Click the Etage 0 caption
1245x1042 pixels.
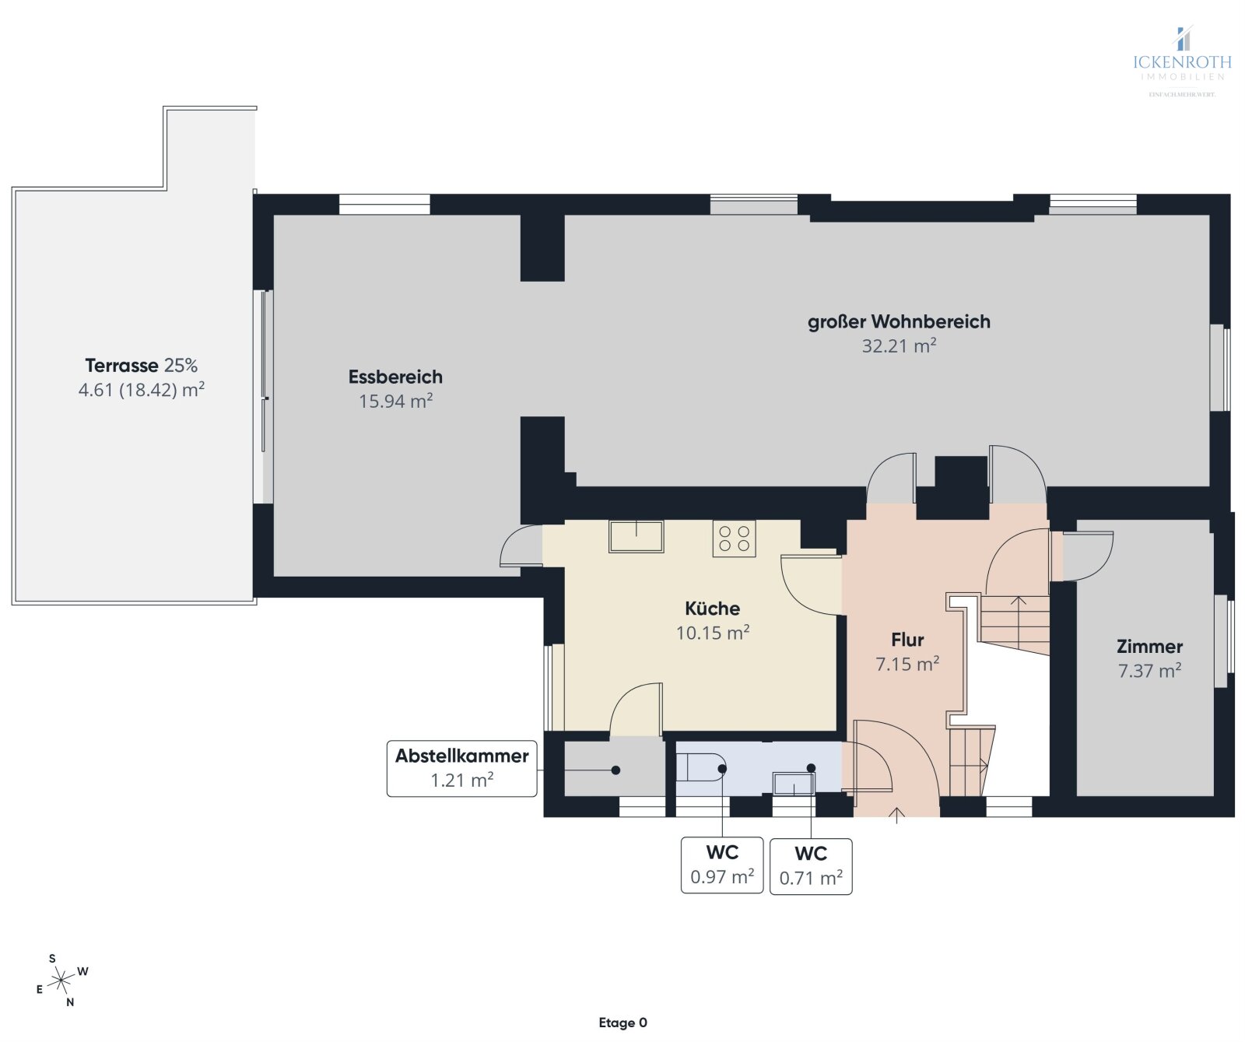[622, 1023]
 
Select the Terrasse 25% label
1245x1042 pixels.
[142, 365]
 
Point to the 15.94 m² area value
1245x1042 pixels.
[395, 401]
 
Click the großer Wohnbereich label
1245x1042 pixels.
[899, 321]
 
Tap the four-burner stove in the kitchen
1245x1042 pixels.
[734, 539]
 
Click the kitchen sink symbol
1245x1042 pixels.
[636, 536]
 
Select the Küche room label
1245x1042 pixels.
[712, 609]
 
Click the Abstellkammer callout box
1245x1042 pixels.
[462, 768]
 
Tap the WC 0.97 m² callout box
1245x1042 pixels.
[722, 865]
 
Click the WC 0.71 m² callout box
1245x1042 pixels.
[811, 865]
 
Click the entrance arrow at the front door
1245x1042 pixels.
[896, 814]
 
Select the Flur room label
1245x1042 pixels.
[907, 640]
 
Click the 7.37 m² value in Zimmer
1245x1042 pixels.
[1149, 670]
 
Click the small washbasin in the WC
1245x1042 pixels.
[792, 783]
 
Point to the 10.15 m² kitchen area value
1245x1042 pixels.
[712, 633]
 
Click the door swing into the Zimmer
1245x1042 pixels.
[1085, 556]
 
